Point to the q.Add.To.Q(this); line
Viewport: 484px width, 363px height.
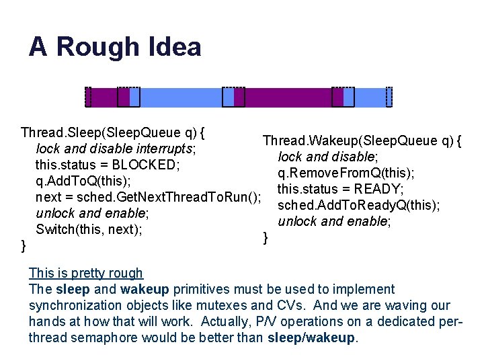83,181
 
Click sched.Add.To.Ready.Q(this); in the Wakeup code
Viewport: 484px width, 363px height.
359,205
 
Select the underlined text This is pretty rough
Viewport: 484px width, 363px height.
86,273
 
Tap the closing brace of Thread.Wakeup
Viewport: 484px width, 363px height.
266,237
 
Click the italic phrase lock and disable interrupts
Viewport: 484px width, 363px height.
115,149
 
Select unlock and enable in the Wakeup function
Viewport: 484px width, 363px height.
333,221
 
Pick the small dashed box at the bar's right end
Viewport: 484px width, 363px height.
389,97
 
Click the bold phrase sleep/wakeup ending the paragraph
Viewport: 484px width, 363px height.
311,337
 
